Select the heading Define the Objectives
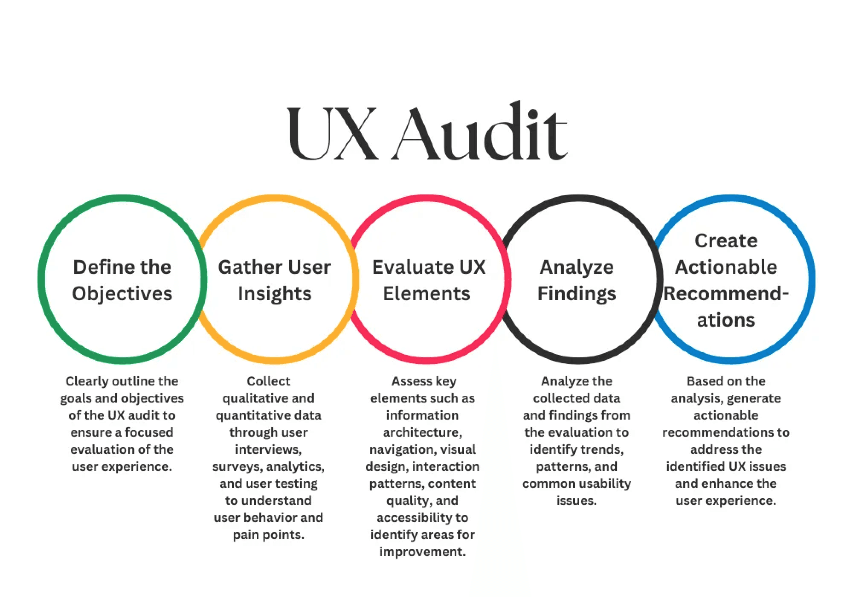pyautogui.click(x=122, y=280)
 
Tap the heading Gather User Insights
pyautogui.click(x=274, y=280)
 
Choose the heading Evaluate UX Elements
pyautogui.click(x=428, y=280)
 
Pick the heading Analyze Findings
pyautogui.click(x=577, y=280)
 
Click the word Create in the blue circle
pyautogui.click(x=726, y=241)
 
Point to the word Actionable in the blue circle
pyautogui.click(x=726, y=267)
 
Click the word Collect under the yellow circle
pyautogui.click(x=268, y=381)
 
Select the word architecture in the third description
pyautogui.click(x=422, y=432)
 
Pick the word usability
pyautogui.click(x=606, y=483)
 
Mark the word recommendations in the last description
pyautogui.click(x=715, y=432)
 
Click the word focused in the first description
pyautogui.click(x=149, y=432)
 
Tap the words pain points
pyautogui.click(x=268, y=534)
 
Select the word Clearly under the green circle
pyautogui.click(x=87, y=381)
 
